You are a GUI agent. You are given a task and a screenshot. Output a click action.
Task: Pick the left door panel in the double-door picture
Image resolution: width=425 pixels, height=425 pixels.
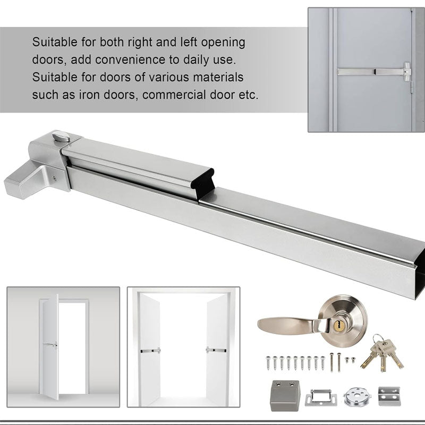[150, 351]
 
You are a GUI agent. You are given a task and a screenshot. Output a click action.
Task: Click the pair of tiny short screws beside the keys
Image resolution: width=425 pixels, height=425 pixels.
[348, 360]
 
